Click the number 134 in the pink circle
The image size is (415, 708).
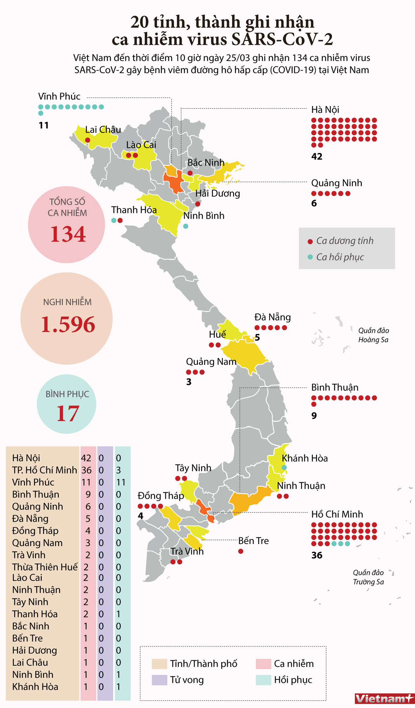68,234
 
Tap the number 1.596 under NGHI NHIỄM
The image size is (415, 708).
68,324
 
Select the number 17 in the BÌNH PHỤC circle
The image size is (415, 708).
68,413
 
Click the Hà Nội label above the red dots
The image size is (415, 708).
325,110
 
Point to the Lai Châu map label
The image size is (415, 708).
103,130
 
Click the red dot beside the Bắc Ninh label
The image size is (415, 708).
190,173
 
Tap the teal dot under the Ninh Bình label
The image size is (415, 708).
186,226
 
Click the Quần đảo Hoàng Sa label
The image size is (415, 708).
373,335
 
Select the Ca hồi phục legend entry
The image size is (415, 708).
340,257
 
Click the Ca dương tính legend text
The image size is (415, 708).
344,241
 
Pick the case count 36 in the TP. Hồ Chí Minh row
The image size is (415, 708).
86,470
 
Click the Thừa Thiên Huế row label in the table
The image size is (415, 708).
45,567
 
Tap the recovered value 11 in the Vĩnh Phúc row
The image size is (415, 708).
121,482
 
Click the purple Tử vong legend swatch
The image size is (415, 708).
159,680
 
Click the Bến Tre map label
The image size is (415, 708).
253,541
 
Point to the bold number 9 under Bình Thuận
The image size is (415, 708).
314,415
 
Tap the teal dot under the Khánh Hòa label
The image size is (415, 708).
284,468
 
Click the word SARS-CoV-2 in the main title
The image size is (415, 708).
282,40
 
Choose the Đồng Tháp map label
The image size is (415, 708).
161,496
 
